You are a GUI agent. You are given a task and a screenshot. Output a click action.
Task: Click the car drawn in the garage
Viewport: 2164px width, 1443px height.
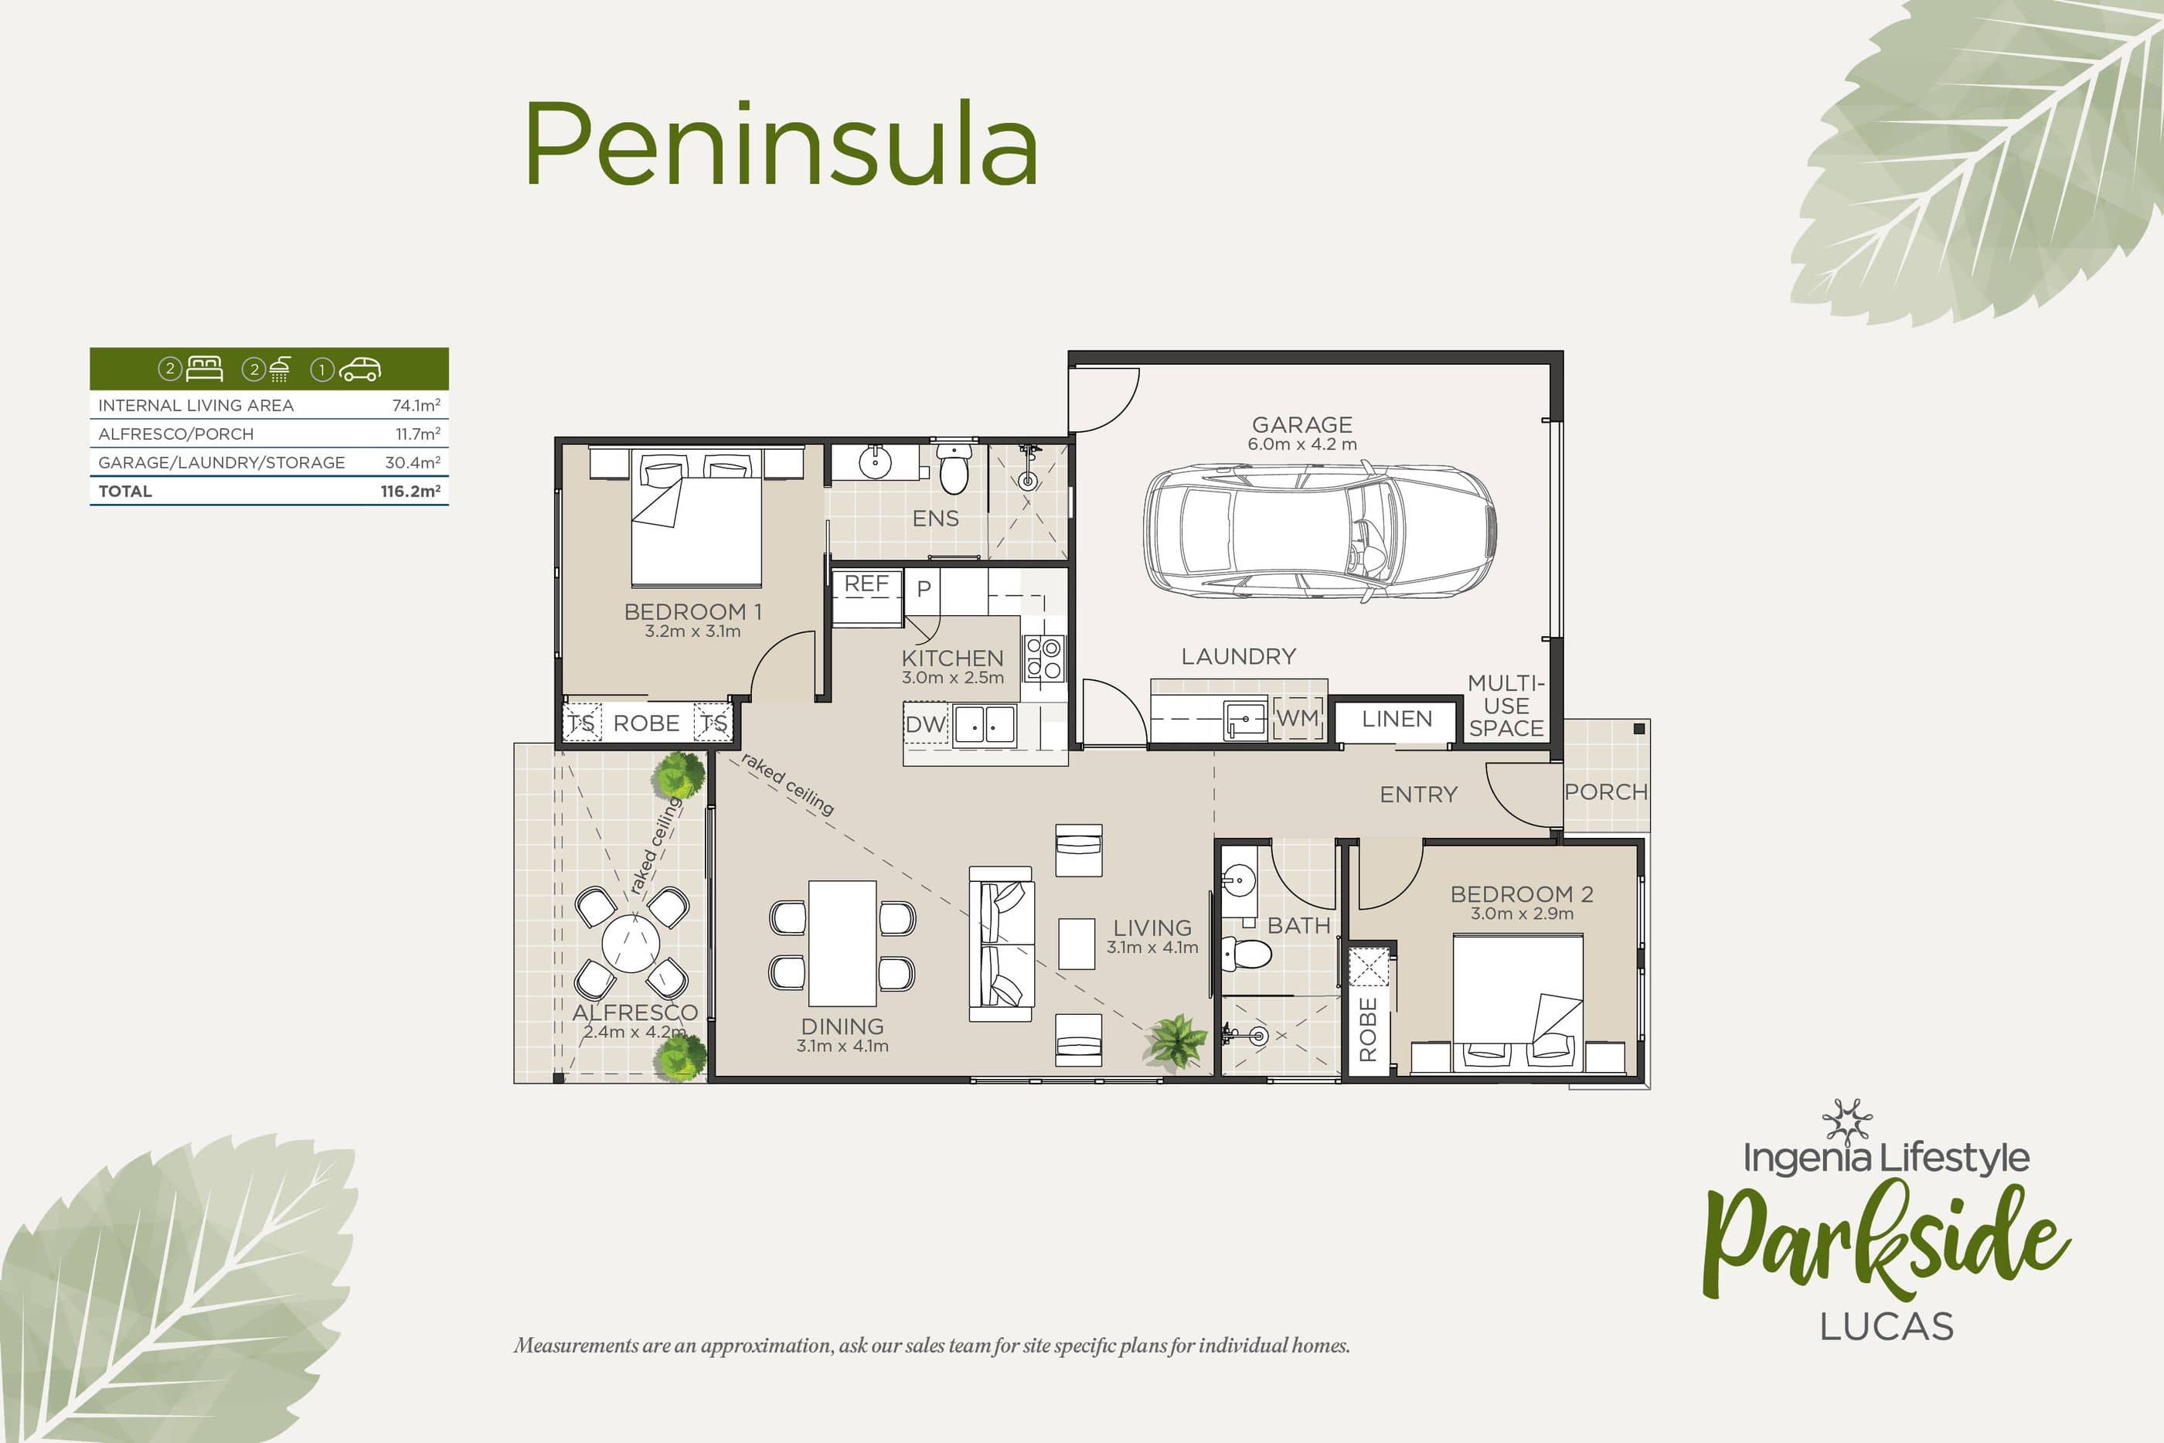click(x=1318, y=532)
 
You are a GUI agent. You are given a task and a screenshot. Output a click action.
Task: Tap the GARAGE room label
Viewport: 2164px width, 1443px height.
click(x=1302, y=424)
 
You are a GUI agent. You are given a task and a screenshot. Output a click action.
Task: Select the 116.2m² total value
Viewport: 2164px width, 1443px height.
click(x=410, y=492)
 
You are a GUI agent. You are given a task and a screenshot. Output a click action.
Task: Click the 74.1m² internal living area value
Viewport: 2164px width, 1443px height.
click(x=416, y=405)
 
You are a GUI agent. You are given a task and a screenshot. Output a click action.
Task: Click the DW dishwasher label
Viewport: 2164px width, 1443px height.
click(x=924, y=724)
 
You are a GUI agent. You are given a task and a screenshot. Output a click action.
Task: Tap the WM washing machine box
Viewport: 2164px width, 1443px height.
click(x=1298, y=718)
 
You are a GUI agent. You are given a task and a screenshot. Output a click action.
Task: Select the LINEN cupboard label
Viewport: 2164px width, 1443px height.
click(x=1397, y=719)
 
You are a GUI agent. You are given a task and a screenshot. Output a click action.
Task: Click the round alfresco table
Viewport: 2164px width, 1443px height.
click(x=631, y=943)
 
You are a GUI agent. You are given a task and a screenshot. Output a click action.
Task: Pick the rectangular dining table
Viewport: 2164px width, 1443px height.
click(x=842, y=943)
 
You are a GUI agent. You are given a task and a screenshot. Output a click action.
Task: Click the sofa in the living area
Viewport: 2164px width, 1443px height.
click(x=1002, y=943)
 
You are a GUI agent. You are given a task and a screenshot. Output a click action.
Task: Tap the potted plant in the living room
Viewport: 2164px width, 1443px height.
click(x=1175, y=1042)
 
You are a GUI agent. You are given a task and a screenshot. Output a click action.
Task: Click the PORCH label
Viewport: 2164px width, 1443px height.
click(x=1605, y=791)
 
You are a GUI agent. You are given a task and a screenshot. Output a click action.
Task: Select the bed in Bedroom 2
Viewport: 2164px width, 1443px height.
click(x=1517, y=1003)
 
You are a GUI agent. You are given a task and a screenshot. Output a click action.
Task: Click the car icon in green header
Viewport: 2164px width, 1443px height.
click(x=359, y=369)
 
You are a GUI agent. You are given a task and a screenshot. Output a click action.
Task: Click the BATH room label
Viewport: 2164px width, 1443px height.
click(x=1298, y=926)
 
